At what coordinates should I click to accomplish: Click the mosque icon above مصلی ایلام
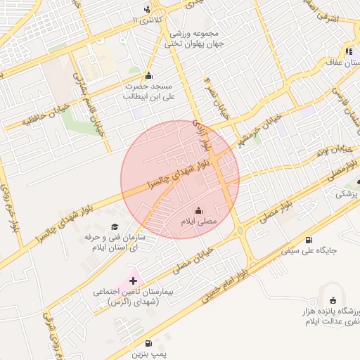coord(198,210)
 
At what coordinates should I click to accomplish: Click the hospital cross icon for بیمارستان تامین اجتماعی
coord(134,281)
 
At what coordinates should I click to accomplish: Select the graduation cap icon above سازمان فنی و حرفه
coord(115,227)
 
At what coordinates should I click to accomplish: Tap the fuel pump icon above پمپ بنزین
coord(148,344)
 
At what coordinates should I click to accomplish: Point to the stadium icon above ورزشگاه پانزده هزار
coord(333,300)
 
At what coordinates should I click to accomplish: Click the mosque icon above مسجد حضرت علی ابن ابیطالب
coord(148,75)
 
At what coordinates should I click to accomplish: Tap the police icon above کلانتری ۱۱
coord(147,8)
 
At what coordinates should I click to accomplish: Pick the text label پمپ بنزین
coord(150,355)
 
